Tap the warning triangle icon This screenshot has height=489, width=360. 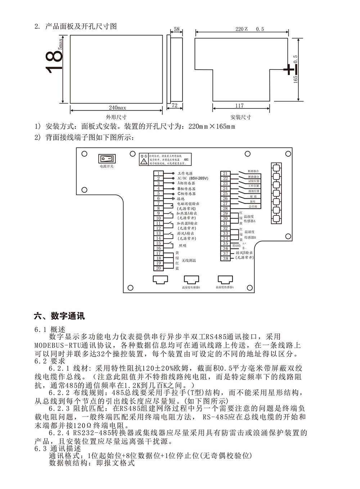coord(144,162)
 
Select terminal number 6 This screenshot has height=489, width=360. coord(158,198)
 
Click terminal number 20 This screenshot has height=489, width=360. coord(158,268)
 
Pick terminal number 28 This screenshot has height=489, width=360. coord(225,208)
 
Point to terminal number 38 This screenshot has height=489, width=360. coord(225,259)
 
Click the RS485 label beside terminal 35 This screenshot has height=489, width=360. coord(236,245)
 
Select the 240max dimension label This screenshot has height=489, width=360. coord(117,108)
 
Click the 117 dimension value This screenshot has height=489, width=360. coord(239,106)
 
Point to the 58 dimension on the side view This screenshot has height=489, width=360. coord(176,29)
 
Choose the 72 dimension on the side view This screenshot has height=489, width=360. coord(174,106)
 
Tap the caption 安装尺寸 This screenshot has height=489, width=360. coord(240,117)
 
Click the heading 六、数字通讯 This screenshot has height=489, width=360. coord(59,316)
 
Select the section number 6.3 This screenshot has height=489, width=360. coord(41,449)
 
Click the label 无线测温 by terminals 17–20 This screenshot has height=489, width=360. coord(189,261)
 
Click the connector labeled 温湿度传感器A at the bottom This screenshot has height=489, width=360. coord(225,280)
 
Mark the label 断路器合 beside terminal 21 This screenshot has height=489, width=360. coord(253,171)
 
